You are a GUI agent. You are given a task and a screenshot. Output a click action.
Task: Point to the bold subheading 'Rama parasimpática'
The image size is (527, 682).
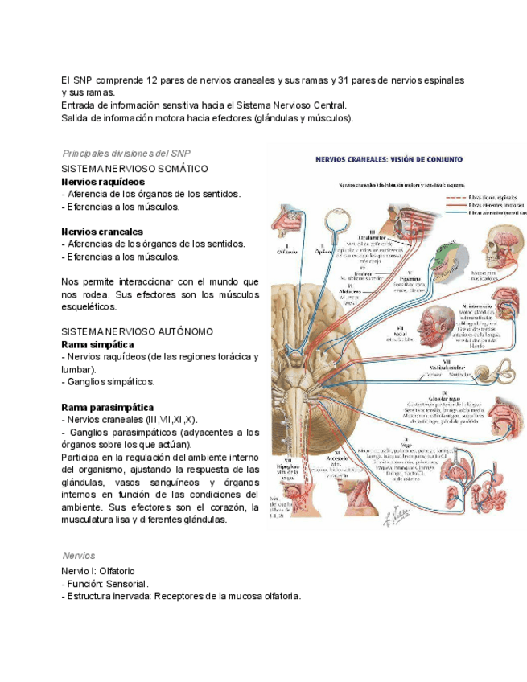click(x=108, y=407)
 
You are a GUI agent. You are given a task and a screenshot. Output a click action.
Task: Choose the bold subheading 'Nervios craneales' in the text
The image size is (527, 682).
click(x=102, y=232)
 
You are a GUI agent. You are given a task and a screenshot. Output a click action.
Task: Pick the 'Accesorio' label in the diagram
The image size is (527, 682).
click(x=331, y=462)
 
